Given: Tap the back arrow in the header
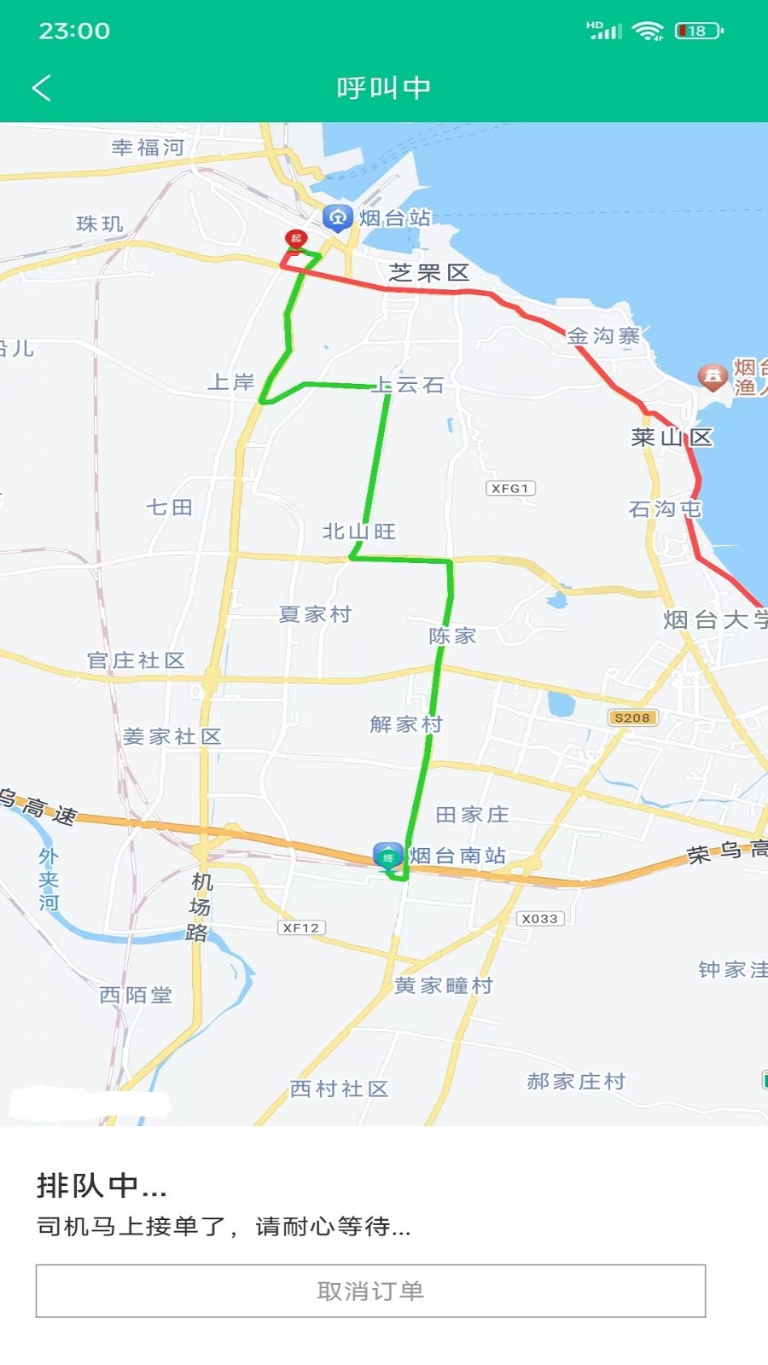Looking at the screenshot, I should [x=42, y=88].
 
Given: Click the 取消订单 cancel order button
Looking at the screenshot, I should [x=370, y=1291].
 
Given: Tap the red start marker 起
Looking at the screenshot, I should [x=295, y=239].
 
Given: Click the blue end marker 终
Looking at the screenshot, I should [x=388, y=857].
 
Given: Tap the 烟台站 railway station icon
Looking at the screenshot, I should [x=338, y=218].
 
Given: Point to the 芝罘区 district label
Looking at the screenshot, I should [x=429, y=273].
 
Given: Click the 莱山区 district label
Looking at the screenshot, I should [x=672, y=438].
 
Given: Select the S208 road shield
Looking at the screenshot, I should [x=632, y=718].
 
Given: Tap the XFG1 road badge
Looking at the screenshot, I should [x=510, y=489].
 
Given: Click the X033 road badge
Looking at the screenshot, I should [x=539, y=919].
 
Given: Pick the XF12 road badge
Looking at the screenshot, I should [x=301, y=927].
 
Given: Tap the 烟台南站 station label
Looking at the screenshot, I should [x=457, y=856].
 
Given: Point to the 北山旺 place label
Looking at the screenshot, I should [x=359, y=531].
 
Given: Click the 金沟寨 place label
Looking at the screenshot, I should [x=603, y=336].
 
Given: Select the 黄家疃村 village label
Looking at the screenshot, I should [x=444, y=986].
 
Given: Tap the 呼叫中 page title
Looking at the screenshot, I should [x=384, y=88].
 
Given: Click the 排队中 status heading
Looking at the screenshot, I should [x=102, y=1185].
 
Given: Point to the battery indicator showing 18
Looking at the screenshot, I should [x=698, y=32].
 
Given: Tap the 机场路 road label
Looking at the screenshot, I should [x=200, y=907].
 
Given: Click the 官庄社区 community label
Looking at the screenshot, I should [x=137, y=660].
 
